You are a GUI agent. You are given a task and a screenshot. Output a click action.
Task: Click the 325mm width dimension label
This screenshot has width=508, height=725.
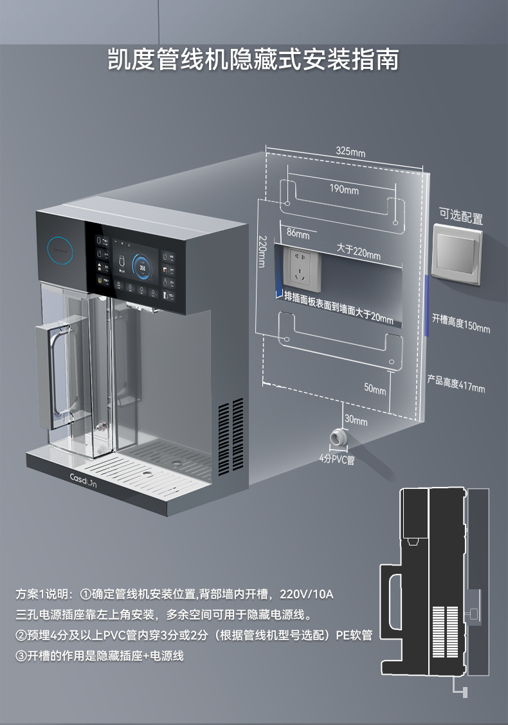coord(350,152)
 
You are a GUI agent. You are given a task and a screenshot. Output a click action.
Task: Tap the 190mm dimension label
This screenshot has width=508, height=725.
coord(344,189)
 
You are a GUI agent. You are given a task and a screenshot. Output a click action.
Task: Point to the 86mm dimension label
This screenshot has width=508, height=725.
coord(298,234)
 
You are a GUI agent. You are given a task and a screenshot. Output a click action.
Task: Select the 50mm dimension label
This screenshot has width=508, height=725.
coord(375,389)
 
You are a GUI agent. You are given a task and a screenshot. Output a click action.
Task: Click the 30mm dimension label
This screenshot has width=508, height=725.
coord(356,421)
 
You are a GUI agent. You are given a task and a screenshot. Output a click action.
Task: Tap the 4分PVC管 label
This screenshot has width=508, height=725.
coord(337,459)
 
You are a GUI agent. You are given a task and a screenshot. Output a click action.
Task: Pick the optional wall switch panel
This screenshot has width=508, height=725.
coord(457,254)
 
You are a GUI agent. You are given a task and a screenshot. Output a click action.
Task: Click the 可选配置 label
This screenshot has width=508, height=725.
coord(460,216)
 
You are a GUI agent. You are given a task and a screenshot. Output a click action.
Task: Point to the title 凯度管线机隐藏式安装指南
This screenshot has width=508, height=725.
coord(253,60)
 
